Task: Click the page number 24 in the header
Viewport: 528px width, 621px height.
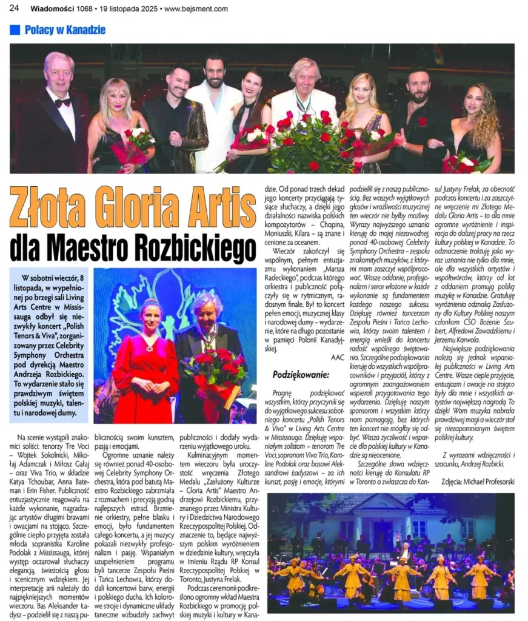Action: (15, 8)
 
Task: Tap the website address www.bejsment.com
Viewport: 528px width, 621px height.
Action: (196, 8)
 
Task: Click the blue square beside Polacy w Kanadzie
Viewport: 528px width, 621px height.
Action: (15, 30)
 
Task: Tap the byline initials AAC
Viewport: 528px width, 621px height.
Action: (337, 358)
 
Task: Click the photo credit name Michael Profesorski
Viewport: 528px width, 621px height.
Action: (489, 481)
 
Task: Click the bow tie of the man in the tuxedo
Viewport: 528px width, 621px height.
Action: (62, 103)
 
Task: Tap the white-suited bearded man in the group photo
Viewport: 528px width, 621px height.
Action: (213, 109)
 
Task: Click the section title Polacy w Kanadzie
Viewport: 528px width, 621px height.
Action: (65, 30)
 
